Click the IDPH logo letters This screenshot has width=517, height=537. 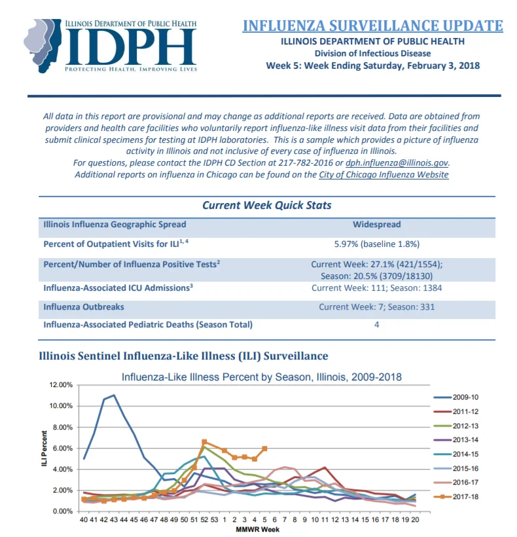[x=130, y=46]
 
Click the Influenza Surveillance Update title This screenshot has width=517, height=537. [x=372, y=26]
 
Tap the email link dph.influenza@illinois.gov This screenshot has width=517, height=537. [x=397, y=162]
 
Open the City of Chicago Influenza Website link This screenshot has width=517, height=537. [x=383, y=175]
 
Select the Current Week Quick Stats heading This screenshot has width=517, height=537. [x=266, y=205]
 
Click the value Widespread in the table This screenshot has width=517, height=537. [x=377, y=225]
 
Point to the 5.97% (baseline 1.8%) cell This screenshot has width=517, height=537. [x=377, y=244]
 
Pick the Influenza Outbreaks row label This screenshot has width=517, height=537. [x=84, y=307]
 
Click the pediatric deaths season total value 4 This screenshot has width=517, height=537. [x=377, y=325]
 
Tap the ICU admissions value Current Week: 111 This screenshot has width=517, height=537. [x=348, y=287]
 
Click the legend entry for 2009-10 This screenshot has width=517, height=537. [x=455, y=398]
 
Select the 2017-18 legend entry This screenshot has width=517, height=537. [x=455, y=496]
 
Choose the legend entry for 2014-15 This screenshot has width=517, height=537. [x=455, y=454]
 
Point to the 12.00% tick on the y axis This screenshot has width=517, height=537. [x=61, y=385]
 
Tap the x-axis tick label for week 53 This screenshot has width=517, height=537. [x=214, y=519]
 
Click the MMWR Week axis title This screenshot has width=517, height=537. [x=257, y=529]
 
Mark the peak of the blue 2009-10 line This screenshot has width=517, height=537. [x=114, y=395]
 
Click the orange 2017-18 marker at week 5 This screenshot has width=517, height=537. [x=264, y=449]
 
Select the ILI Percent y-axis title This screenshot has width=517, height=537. [x=44, y=449]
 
